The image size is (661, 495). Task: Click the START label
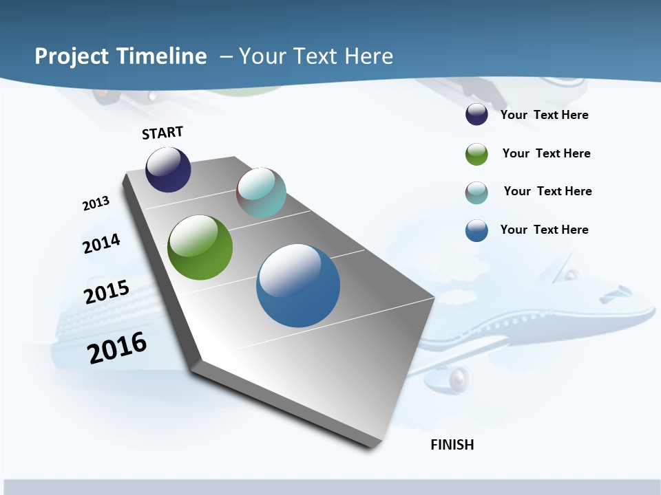click(x=162, y=133)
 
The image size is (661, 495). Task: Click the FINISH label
click(x=452, y=445)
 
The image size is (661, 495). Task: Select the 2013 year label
click(x=96, y=203)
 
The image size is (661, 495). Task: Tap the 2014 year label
click(x=101, y=244)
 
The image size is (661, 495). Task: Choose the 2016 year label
click(x=117, y=348)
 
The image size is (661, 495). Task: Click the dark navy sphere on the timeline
click(x=168, y=169)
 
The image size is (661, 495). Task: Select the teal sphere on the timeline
click(x=261, y=192)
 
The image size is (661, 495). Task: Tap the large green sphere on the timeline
click(x=200, y=247)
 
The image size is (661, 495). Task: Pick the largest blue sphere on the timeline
click(x=298, y=285)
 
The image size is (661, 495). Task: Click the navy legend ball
click(x=476, y=114)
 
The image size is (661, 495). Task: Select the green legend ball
click(x=476, y=154)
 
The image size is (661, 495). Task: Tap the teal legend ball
click(x=476, y=192)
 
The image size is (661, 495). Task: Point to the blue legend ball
click(x=476, y=230)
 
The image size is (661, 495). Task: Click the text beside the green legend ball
click(x=546, y=153)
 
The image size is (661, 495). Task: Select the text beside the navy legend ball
click(x=544, y=115)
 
